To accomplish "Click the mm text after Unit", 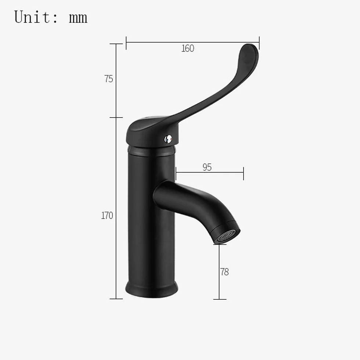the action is [x=78, y=18].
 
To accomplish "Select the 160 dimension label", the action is [x=188, y=48].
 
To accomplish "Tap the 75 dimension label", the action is [x=109, y=79].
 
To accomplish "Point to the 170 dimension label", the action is [x=107, y=216].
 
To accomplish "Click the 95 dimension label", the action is [x=207, y=168].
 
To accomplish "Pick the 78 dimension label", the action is [x=224, y=272].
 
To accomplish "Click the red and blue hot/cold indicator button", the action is [x=168, y=139].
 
